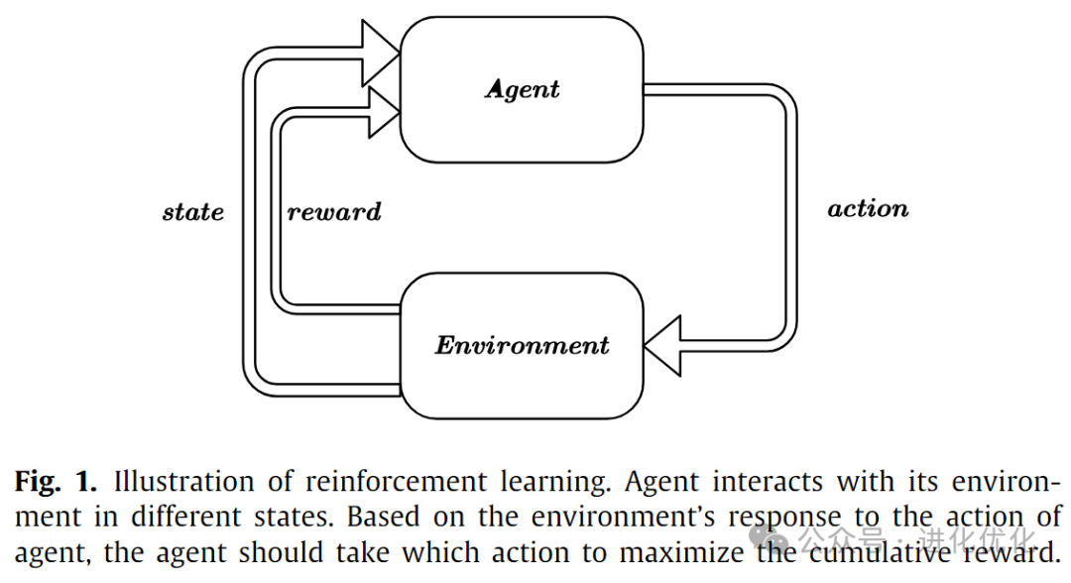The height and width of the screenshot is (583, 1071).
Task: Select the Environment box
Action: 522,382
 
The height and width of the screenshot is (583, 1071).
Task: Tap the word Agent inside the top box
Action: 522,89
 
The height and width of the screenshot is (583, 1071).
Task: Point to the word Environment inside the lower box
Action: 522,345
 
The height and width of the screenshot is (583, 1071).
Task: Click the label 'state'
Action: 193,212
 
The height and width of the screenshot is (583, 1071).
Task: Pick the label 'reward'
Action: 334,212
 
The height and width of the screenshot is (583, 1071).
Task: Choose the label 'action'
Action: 868,209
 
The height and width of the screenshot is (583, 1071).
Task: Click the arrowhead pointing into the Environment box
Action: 664,345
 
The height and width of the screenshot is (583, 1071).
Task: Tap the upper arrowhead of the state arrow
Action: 377,53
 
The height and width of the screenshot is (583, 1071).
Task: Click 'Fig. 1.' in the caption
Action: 56,483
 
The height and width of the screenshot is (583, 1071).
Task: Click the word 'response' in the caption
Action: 784,518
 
